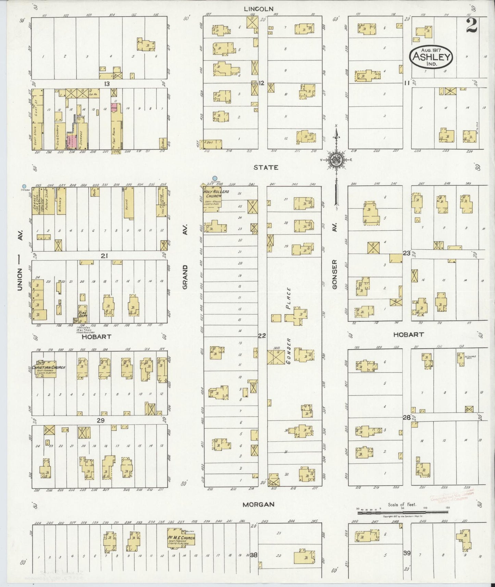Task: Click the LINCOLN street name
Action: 259,9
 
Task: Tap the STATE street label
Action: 266,167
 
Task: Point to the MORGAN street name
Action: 259,504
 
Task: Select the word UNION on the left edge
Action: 20,279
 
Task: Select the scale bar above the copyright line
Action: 403,512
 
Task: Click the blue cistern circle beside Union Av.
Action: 24,186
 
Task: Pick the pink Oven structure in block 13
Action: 114,106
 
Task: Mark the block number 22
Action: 262,336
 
